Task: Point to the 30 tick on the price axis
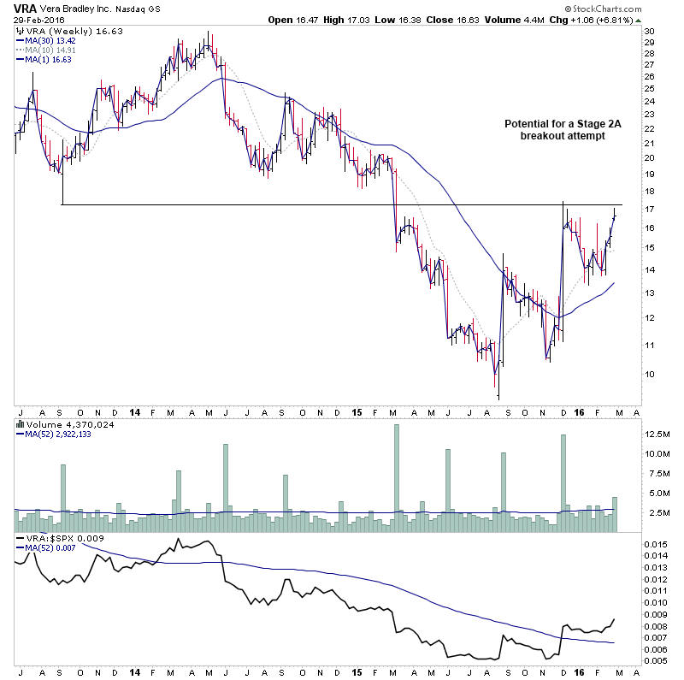(649, 32)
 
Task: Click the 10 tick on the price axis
(649, 375)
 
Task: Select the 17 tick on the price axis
(649, 209)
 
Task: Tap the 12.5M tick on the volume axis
(656, 434)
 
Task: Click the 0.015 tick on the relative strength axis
(656, 544)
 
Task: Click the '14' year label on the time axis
(135, 411)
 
